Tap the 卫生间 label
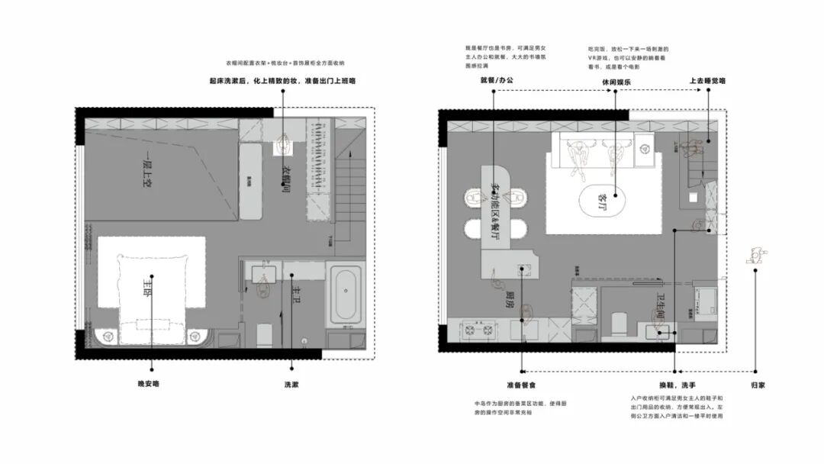point(661,310)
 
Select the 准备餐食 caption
point(521,385)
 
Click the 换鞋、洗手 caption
point(674,385)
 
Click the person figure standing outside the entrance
point(755,255)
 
